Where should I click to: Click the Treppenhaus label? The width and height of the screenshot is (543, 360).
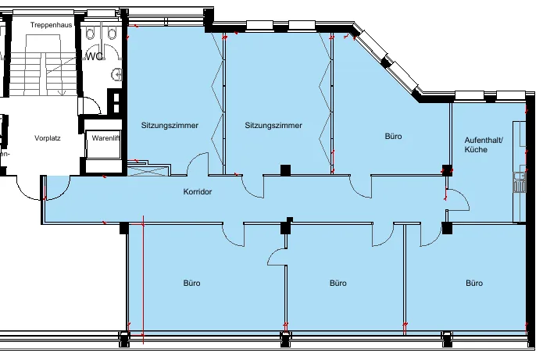point(52,25)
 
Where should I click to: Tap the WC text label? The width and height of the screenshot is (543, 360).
point(95,56)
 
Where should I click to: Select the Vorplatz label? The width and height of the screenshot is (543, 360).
point(48,138)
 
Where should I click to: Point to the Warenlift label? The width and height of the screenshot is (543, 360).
point(106,138)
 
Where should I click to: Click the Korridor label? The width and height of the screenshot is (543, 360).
point(198,192)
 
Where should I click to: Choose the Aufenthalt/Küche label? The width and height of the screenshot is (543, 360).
point(484,144)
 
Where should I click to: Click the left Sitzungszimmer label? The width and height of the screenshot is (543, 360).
point(170,125)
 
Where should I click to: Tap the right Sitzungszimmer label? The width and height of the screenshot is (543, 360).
point(273,125)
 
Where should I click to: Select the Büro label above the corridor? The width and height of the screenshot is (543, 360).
point(394,136)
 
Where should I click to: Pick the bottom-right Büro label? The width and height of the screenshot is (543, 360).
point(474,283)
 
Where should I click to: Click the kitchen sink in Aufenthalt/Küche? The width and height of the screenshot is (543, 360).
point(519,183)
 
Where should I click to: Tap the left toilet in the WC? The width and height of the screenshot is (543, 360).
point(91,34)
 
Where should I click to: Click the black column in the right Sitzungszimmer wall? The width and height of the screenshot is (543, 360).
point(285,170)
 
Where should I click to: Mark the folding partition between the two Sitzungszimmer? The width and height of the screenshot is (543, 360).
point(218,104)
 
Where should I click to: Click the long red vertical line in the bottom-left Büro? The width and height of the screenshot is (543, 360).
point(143,280)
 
